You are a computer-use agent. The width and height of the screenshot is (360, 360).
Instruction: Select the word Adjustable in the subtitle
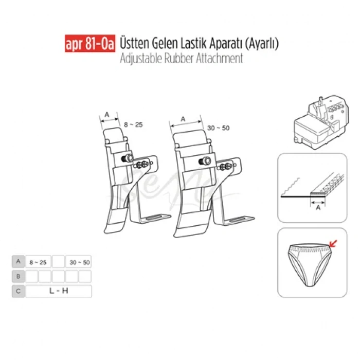139,58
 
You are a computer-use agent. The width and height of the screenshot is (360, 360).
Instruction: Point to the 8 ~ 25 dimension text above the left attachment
133,124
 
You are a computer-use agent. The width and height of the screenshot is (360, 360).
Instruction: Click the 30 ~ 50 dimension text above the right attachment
219,128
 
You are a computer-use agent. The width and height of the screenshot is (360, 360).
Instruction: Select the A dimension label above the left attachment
107,115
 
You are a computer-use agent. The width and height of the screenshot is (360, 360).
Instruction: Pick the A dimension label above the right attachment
183,118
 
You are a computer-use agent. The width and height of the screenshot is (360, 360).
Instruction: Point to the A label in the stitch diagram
317,208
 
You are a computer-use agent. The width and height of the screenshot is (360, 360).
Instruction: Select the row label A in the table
18,261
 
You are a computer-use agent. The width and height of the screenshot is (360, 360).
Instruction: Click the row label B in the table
18,276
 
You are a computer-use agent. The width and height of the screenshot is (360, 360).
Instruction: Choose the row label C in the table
18,291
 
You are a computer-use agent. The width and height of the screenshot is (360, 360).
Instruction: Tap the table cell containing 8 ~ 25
38,262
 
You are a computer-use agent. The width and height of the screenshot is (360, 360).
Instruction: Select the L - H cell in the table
58,291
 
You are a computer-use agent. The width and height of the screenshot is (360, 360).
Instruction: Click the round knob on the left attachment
126,158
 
